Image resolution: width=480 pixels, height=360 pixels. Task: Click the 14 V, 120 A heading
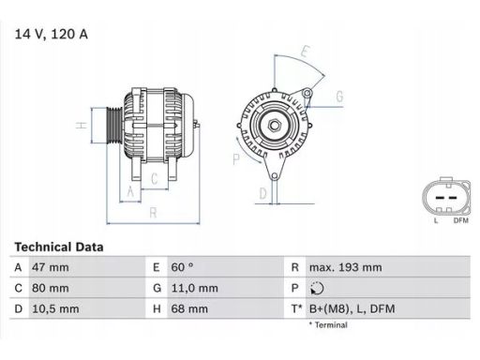[x=52, y=34]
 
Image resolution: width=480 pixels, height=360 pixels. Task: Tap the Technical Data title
[x=59, y=247]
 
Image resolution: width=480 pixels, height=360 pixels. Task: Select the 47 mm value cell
[x=51, y=267]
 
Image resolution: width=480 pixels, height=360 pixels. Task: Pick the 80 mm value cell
[x=51, y=288]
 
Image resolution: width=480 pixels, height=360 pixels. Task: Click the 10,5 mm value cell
[x=55, y=309]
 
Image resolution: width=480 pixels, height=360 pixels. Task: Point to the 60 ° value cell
[x=182, y=267]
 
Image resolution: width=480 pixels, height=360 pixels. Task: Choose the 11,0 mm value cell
[x=194, y=288]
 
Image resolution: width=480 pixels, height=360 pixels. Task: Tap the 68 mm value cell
[x=189, y=309]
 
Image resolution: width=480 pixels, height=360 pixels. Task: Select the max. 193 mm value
[x=346, y=267]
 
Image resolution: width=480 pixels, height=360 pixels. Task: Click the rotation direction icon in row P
[x=317, y=289]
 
